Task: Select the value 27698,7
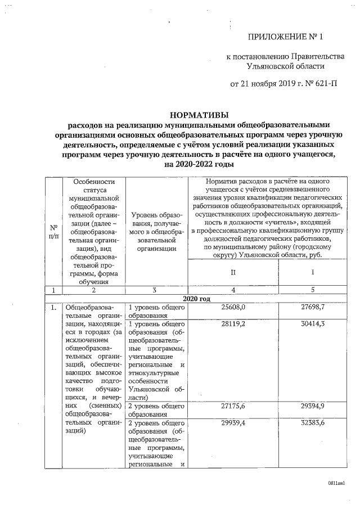(313, 308)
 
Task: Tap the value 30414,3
(313, 324)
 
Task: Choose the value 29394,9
(313, 405)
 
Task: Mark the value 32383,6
(313, 422)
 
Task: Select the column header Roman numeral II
(233, 272)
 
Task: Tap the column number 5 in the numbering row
(313, 290)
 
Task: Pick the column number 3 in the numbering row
(153, 290)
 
